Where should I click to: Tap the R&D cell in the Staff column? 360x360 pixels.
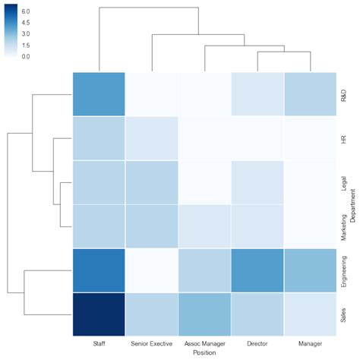click(x=99, y=95)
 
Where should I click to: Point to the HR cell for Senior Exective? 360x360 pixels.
click(x=151, y=139)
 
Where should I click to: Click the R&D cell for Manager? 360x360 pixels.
click(x=309, y=95)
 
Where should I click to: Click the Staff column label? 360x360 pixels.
click(x=99, y=344)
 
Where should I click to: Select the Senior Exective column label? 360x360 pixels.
click(x=151, y=344)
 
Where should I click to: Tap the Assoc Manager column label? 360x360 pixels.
click(x=204, y=344)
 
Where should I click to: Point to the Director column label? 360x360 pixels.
click(x=257, y=344)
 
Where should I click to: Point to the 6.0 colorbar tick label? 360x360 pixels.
click(x=25, y=13)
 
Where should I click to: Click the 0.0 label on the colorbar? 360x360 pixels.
click(x=25, y=56)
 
